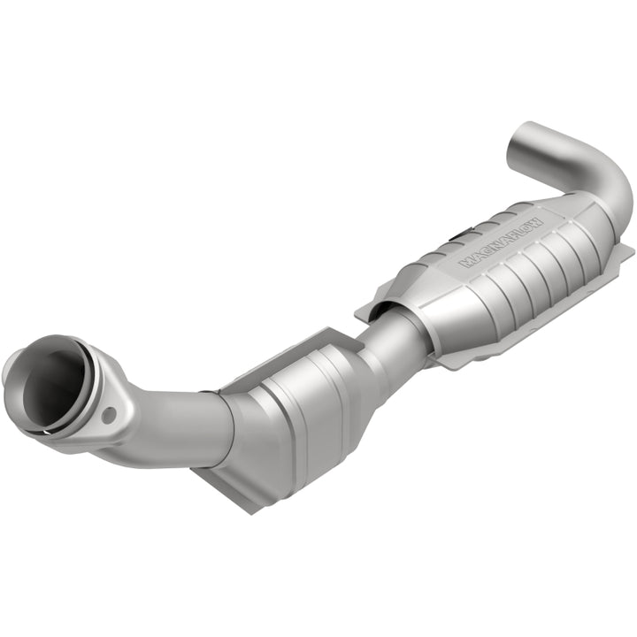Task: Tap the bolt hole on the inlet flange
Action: tap(109, 414)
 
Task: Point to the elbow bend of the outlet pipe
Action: tap(610, 181)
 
